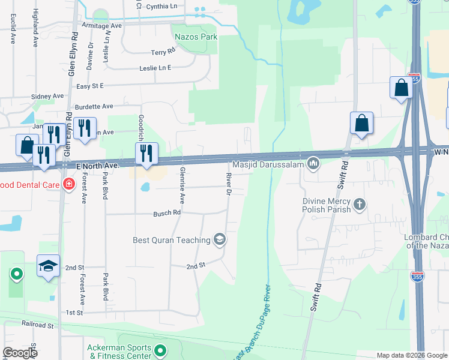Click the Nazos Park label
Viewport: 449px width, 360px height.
[x=196, y=37]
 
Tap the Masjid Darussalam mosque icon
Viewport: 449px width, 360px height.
[x=313, y=163]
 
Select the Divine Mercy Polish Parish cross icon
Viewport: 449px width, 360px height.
[x=359, y=205]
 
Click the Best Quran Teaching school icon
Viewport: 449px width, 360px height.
[x=220, y=240]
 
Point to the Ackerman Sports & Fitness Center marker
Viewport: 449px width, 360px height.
[x=160, y=350]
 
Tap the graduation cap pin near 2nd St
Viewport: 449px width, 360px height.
[x=49, y=266]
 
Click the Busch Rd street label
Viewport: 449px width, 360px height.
[x=167, y=213]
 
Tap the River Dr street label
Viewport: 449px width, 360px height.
[x=228, y=184]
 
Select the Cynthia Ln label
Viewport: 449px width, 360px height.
[x=166, y=6]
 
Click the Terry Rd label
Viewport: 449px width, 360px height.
[x=162, y=53]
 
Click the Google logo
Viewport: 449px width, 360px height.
[x=20, y=353]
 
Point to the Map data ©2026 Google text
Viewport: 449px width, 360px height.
[x=411, y=355]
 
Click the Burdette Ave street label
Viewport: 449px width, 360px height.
[x=97, y=106]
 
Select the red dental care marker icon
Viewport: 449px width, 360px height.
[x=69, y=184]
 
